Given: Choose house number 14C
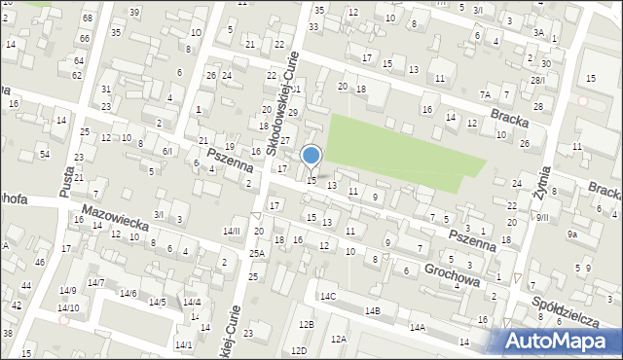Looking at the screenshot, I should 328,296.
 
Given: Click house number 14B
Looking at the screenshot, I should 373,310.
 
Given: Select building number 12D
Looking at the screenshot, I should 302,350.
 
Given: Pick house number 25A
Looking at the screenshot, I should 256,253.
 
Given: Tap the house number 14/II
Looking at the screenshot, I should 231,231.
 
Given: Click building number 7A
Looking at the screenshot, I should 485,94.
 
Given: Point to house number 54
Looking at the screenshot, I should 44,154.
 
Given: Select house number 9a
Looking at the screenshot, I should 573,234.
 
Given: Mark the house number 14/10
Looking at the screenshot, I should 68,307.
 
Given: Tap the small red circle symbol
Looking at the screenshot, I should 583,100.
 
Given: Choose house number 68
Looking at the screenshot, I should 88,18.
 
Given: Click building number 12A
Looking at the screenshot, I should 338,339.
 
